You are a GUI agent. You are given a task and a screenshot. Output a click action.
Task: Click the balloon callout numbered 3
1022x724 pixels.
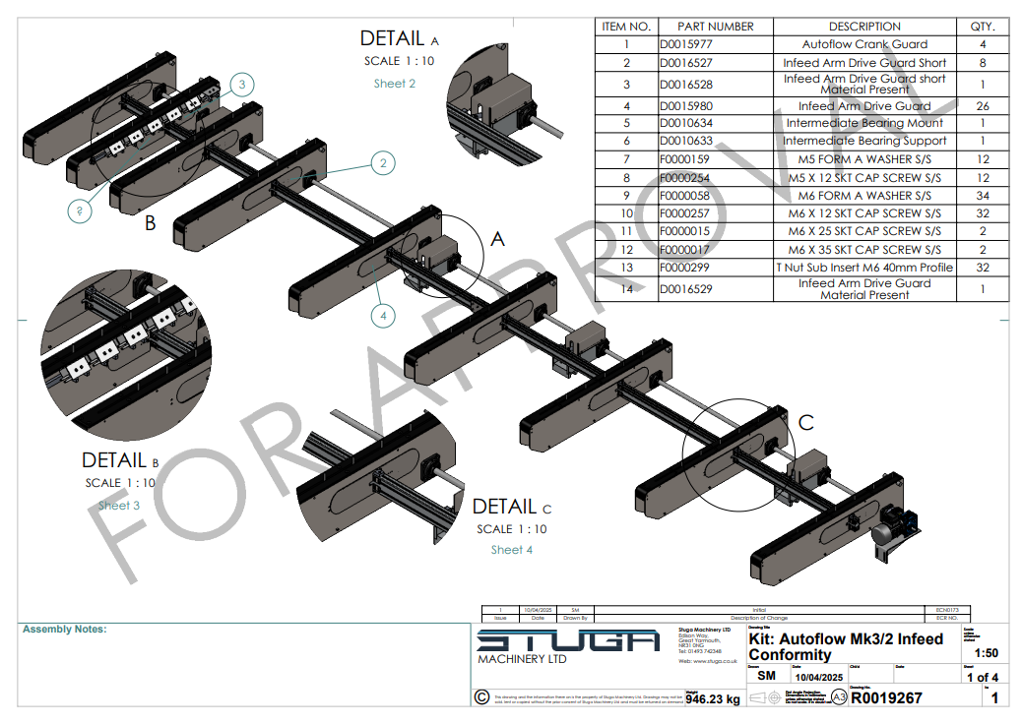[x=241, y=85]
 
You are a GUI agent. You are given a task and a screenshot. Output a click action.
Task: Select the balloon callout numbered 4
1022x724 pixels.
[x=383, y=316]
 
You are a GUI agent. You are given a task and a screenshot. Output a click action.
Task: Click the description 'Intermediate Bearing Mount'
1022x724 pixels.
[x=864, y=123]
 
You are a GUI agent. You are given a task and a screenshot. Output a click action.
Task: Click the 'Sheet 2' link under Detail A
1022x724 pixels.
[x=394, y=84]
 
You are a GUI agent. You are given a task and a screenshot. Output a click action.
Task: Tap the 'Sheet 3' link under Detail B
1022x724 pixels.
[x=118, y=506]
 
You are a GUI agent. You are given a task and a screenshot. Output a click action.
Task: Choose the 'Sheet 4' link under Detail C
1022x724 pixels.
[x=512, y=550]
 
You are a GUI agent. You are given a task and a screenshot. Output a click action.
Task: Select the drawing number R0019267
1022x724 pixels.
[x=886, y=698]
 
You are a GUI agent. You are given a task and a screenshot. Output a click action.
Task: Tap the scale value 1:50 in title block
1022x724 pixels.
[x=985, y=653]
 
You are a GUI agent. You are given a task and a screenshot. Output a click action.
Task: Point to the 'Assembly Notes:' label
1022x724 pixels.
[x=64, y=630]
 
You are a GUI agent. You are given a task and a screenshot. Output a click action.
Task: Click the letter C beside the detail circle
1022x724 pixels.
[x=805, y=423]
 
